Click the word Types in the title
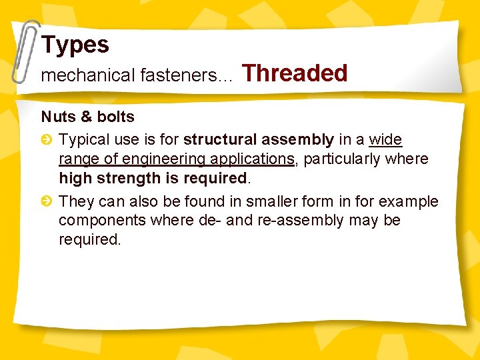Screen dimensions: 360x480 (75, 45)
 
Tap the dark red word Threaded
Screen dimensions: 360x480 (295, 73)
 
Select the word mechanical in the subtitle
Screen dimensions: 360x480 (88, 76)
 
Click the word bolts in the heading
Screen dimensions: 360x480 (116, 117)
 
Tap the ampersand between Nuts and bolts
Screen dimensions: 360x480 (86, 117)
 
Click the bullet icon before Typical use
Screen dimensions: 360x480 (47, 140)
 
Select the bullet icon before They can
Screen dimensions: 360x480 (47, 202)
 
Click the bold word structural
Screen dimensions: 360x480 (221, 140)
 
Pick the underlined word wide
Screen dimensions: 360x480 (385, 140)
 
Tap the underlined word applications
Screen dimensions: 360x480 (252, 159)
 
